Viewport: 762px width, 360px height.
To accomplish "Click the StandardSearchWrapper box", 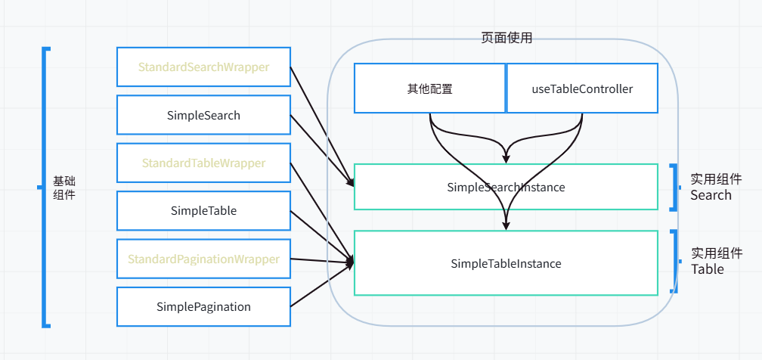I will click(203, 67).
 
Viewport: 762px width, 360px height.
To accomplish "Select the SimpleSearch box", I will click(203, 115).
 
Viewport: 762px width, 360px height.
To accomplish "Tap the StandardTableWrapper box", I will click(203, 163).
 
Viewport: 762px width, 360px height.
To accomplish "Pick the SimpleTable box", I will click(203, 211).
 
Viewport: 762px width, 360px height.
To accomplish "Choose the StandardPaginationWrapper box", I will click(203, 259).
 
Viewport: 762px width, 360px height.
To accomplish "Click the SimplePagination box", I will click(203, 306).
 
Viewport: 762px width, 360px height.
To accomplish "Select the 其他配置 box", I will click(429, 88).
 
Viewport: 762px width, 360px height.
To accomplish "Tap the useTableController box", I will click(581, 88).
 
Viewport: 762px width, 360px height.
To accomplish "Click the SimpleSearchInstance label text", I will click(506, 187).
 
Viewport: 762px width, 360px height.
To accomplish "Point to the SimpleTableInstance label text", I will click(506, 264).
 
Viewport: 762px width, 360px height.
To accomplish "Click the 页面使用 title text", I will click(506, 38).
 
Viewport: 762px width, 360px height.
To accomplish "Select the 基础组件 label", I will click(64, 188).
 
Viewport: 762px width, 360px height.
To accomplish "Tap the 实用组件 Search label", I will click(715, 187).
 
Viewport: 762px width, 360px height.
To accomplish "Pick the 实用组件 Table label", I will click(715, 261).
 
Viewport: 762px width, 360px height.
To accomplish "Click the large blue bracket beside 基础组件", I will click(45, 188).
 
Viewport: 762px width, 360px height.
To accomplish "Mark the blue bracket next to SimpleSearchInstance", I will click(675, 187).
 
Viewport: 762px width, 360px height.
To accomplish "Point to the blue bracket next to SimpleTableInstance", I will click(675, 262).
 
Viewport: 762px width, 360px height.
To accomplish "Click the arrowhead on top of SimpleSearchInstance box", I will click(506, 158).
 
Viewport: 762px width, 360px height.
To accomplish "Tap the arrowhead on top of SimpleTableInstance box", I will click(506, 225).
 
